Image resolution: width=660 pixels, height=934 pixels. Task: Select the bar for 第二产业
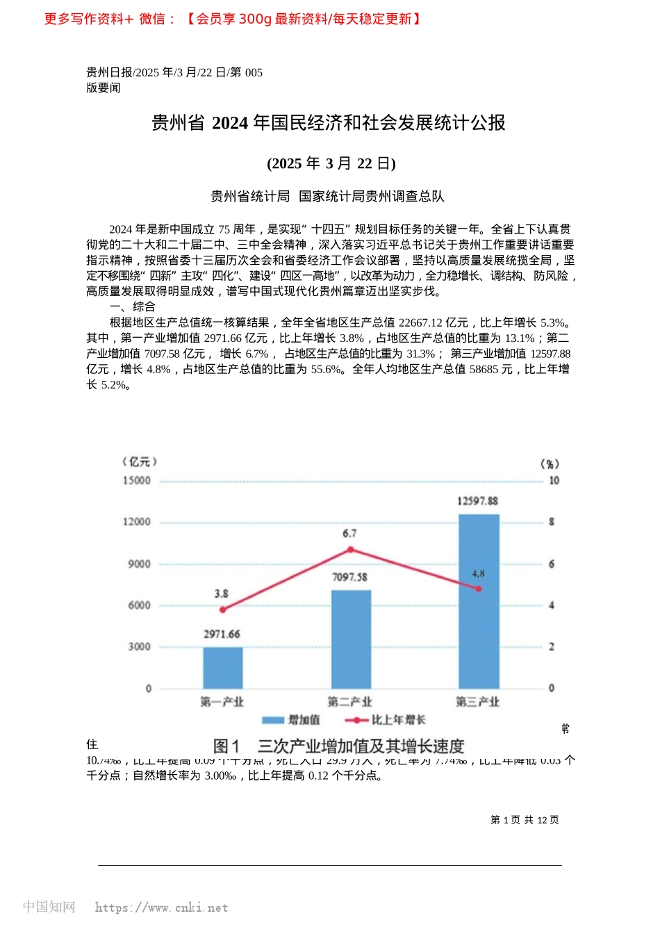pos(351,639)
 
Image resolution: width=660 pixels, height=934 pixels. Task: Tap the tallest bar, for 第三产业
pos(479,601)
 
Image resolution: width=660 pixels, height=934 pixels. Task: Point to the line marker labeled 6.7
pos(351,550)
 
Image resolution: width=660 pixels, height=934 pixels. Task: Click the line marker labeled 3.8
pos(223,609)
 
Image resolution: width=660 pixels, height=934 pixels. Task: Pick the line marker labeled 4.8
pos(479,589)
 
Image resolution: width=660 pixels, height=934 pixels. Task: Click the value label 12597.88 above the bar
pos(477,501)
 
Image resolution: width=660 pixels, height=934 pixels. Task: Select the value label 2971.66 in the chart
pos(222,634)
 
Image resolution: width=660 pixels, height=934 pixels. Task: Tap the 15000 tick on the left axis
pos(136,481)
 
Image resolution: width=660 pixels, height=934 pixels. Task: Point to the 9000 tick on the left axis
pos(139,564)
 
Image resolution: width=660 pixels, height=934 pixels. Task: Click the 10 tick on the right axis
pos(554,481)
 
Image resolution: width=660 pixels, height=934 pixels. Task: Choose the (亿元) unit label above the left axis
pos(140,462)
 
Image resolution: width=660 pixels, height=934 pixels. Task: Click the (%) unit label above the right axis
pos(550,464)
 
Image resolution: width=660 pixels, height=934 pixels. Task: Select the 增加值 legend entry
pos(292,720)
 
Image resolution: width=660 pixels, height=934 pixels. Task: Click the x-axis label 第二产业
pos(350,702)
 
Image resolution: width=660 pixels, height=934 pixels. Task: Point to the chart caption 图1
pos(226,746)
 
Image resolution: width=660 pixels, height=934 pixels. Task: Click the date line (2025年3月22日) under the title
pos(331,163)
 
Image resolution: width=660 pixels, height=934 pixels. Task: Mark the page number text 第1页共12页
pos(525,820)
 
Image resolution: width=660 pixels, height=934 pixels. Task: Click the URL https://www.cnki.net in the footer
pos(161,908)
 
